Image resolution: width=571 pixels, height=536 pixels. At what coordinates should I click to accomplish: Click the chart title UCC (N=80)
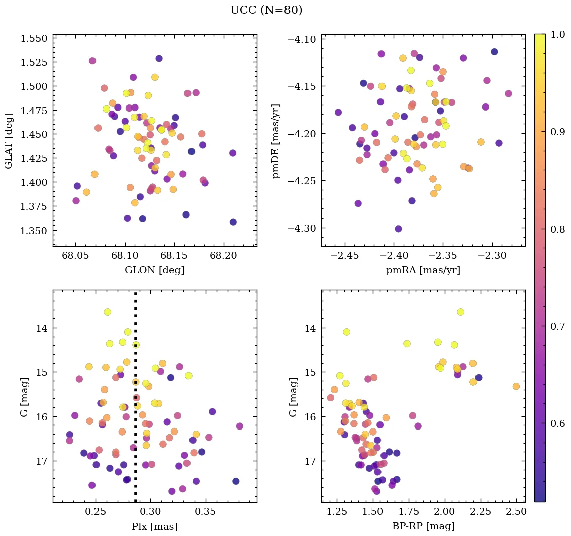(266, 10)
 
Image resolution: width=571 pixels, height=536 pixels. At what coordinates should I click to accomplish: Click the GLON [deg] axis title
(154, 270)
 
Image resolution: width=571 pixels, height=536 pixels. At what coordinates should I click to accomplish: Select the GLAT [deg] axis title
(9, 140)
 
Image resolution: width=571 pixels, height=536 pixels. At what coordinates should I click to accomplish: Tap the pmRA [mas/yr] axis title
(423, 270)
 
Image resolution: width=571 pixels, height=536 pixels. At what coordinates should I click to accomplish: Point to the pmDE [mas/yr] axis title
(276, 141)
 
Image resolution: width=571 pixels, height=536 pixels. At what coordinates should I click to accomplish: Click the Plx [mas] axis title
(154, 526)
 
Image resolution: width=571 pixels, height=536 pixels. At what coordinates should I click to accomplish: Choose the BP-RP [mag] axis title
(423, 526)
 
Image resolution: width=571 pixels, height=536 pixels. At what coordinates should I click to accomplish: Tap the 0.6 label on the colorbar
(557, 423)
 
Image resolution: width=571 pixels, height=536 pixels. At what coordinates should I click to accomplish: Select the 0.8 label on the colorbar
(557, 229)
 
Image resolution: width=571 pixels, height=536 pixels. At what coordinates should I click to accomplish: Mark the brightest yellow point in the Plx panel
(107, 312)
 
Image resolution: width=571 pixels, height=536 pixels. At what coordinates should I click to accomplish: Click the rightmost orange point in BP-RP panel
(516, 386)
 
